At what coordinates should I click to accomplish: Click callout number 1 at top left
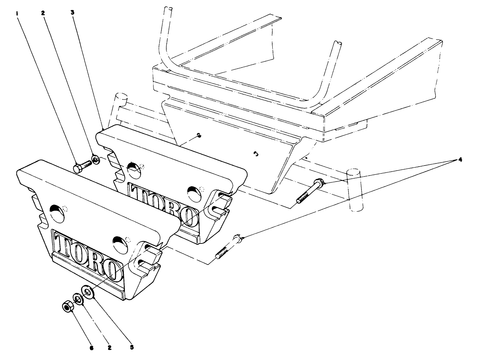(17, 13)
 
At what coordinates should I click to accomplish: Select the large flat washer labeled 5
(88, 291)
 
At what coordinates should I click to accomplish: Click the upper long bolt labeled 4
(310, 191)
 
